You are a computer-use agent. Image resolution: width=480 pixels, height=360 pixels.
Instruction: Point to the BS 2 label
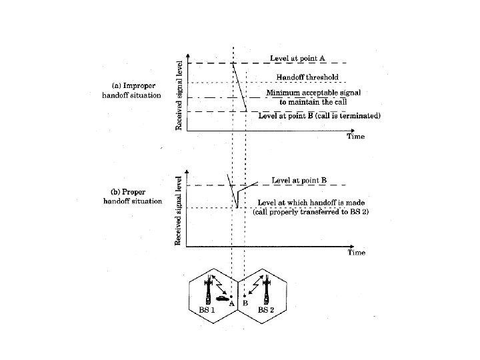coord(267,311)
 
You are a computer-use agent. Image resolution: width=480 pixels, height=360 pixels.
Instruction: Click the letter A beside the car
coord(231,303)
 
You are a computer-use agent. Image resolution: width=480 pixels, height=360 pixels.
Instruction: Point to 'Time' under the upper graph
coord(355,136)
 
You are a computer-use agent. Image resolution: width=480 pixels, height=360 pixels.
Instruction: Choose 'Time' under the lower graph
coord(355,253)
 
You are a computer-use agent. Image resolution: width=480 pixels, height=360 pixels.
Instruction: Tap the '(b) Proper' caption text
coord(133,192)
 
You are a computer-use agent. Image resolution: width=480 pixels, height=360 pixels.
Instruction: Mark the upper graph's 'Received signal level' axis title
coord(179,95)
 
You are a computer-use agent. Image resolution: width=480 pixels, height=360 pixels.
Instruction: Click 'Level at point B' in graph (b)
coord(299,180)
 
